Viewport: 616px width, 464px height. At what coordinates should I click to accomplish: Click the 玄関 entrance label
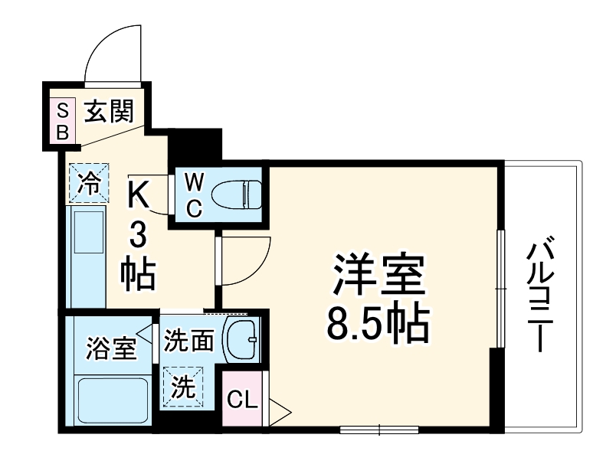pyautogui.click(x=109, y=112)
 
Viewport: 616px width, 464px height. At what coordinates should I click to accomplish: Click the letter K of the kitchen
pyautogui.click(x=139, y=194)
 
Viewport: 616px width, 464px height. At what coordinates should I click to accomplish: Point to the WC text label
pyautogui.click(x=194, y=194)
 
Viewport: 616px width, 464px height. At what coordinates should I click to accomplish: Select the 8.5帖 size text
pyautogui.click(x=378, y=325)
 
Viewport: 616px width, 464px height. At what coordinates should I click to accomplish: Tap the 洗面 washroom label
pyautogui.click(x=188, y=340)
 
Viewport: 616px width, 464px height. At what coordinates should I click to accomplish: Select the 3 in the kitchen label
pyautogui.click(x=138, y=234)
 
